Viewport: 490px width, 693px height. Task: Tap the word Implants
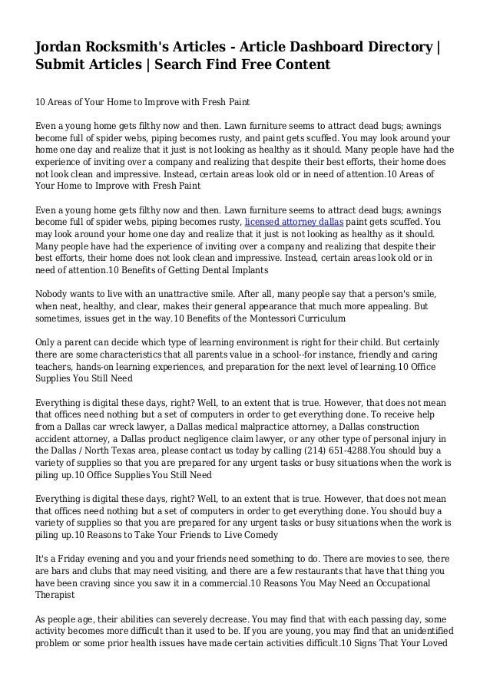242,269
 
